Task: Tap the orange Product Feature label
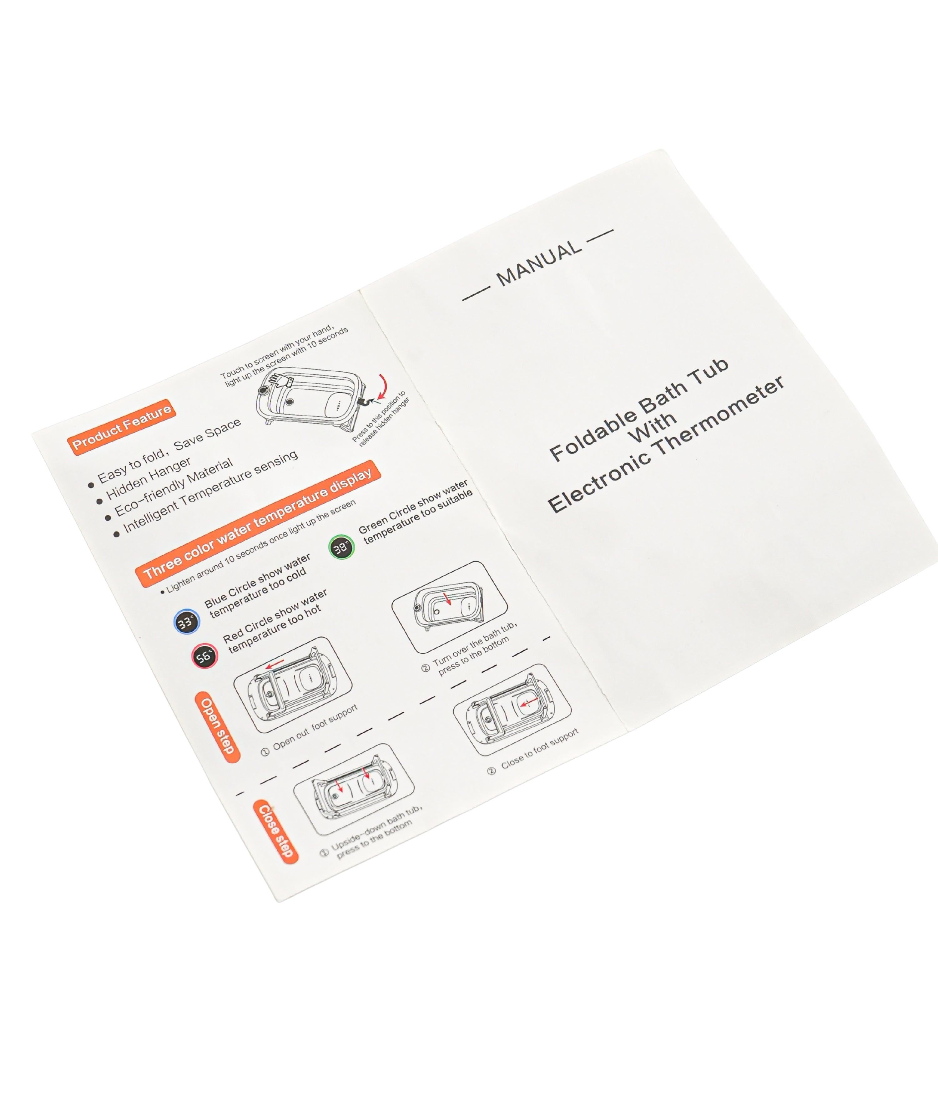pos(122,426)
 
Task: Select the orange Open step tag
pos(217,727)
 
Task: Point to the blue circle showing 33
pos(186,621)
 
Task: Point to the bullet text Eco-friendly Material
pos(173,487)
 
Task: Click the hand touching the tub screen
pos(278,379)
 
